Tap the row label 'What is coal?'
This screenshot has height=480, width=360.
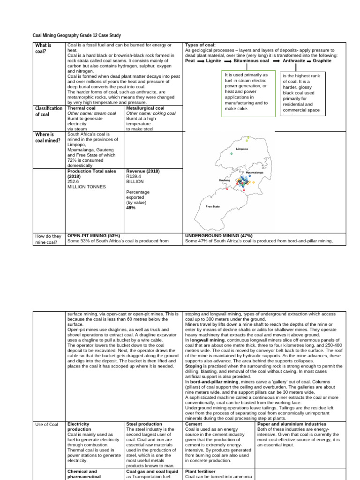click(x=43, y=48)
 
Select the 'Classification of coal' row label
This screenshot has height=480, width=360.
click(x=49, y=111)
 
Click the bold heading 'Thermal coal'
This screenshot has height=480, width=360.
click(x=82, y=108)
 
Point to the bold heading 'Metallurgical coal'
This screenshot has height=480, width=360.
click(x=145, y=108)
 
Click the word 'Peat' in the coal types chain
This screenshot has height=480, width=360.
click(x=190, y=60)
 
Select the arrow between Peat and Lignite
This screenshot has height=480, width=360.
click(x=201, y=61)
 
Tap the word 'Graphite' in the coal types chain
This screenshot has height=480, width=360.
click(x=322, y=60)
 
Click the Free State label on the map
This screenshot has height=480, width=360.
click(x=212, y=206)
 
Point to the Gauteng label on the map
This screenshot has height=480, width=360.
click(x=225, y=180)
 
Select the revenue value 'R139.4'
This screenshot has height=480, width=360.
click(x=134, y=176)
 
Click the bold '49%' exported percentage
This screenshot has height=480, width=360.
click(x=131, y=207)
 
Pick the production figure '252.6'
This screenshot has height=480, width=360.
click(x=73, y=181)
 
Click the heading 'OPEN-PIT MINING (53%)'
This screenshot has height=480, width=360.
click(x=94, y=235)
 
